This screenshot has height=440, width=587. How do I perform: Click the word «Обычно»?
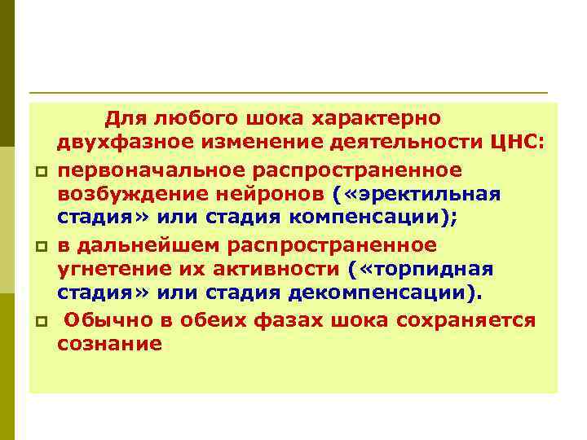pos(102,320)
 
